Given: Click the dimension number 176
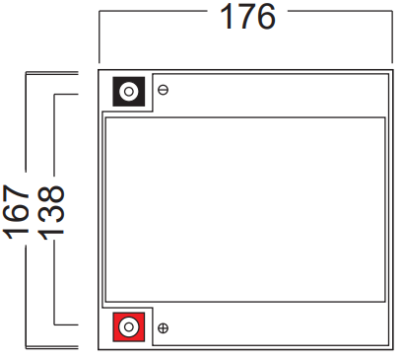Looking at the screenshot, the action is coord(247,17).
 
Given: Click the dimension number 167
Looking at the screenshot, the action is coord(16,211).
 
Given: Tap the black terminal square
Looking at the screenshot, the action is coord(129,92).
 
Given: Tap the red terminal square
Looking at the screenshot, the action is coord(129,326).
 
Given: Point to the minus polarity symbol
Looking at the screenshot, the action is coord(164,90).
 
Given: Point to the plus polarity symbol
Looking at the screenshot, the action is coord(164,327).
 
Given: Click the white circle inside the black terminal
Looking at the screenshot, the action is coord(129,92).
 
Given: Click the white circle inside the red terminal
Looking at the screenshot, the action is coord(129,326).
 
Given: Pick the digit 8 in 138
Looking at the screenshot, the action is coord(50,196).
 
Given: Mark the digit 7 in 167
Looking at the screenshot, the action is coord(16,194).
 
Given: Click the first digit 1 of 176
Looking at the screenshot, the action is coord(227,17).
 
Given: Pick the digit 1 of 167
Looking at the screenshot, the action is coord(16,233).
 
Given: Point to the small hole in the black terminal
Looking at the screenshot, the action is coord(129,92).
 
